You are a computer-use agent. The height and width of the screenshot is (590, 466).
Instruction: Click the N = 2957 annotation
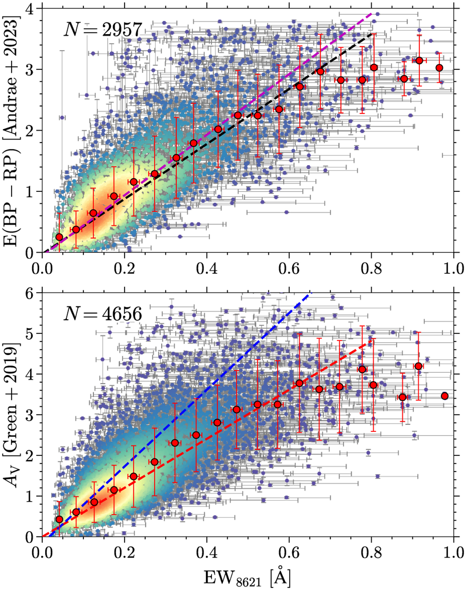pos(103,30)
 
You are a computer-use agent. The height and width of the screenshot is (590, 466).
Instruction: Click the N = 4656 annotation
pos(103,313)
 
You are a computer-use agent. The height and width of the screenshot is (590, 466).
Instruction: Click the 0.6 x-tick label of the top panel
pos(289,268)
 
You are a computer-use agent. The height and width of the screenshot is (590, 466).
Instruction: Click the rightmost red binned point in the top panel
pos(439,68)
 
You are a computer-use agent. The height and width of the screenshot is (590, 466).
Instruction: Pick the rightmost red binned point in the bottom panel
pos(445,396)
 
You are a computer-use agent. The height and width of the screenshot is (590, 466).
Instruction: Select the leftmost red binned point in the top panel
pos(59,237)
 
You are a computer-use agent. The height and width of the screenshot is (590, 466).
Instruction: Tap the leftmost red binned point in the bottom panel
pos(59,519)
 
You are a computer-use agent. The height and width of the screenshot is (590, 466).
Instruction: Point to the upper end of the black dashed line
pos(372,35)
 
